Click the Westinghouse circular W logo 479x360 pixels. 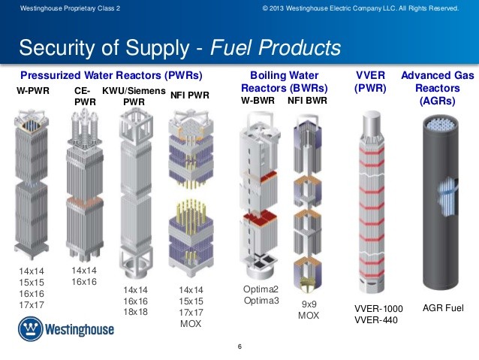(x=30, y=328)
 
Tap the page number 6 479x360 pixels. (x=239, y=346)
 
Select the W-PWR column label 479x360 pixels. (x=33, y=91)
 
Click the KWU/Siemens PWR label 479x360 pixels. (x=134, y=96)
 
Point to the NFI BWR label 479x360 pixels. (x=307, y=100)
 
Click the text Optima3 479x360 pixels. (x=261, y=301)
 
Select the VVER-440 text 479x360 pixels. (x=376, y=320)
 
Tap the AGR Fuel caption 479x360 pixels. (x=443, y=307)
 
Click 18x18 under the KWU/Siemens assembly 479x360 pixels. (x=135, y=312)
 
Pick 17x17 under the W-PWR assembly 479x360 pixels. (x=32, y=305)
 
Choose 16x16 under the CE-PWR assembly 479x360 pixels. (x=84, y=282)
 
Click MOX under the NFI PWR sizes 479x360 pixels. (x=191, y=324)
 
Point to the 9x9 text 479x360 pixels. (x=309, y=304)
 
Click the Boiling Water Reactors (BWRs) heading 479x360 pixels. (x=285, y=82)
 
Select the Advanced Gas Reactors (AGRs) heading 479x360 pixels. (x=438, y=88)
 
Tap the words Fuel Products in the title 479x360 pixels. (x=276, y=47)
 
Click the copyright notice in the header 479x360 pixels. (x=360, y=8)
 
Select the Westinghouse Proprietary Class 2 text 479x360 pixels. (x=70, y=8)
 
